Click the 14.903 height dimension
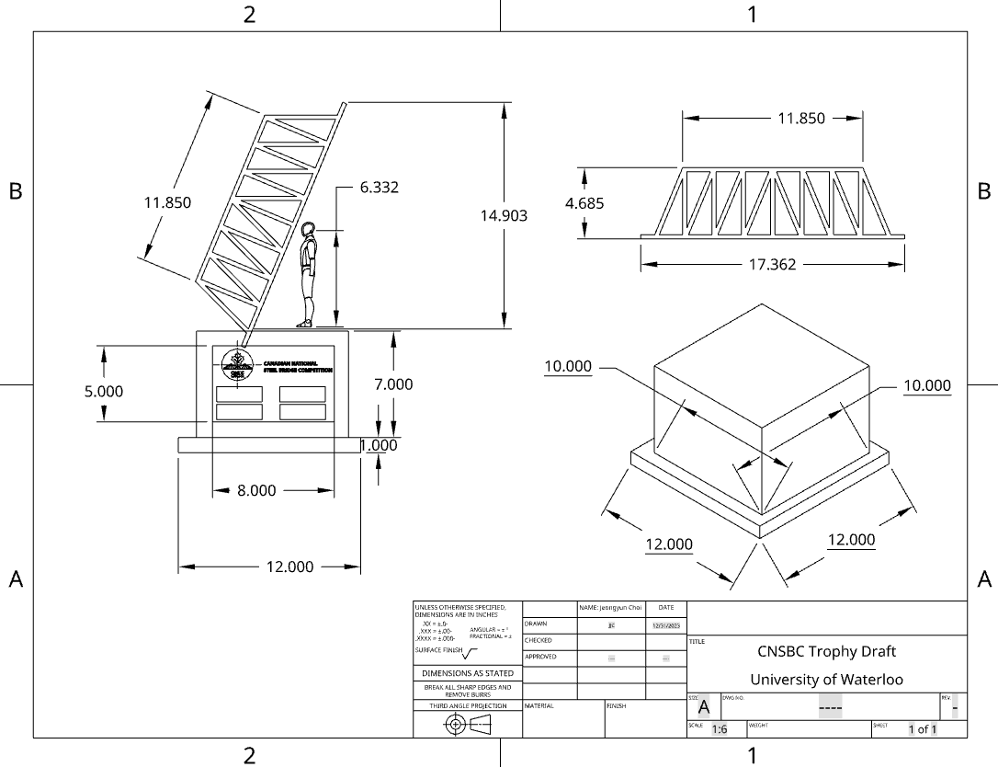point(504,215)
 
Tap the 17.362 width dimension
point(772,264)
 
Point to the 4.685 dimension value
point(584,203)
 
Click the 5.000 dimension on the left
point(104,391)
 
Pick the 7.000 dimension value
point(393,384)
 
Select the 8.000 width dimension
point(256,491)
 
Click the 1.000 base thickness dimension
point(379,445)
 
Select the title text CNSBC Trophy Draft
point(826,651)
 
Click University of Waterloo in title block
point(826,680)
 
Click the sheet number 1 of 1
point(923,729)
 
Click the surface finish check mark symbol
point(470,654)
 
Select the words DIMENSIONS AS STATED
point(468,673)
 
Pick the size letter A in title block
point(704,707)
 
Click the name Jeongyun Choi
point(611,608)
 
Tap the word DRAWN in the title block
point(537,624)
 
